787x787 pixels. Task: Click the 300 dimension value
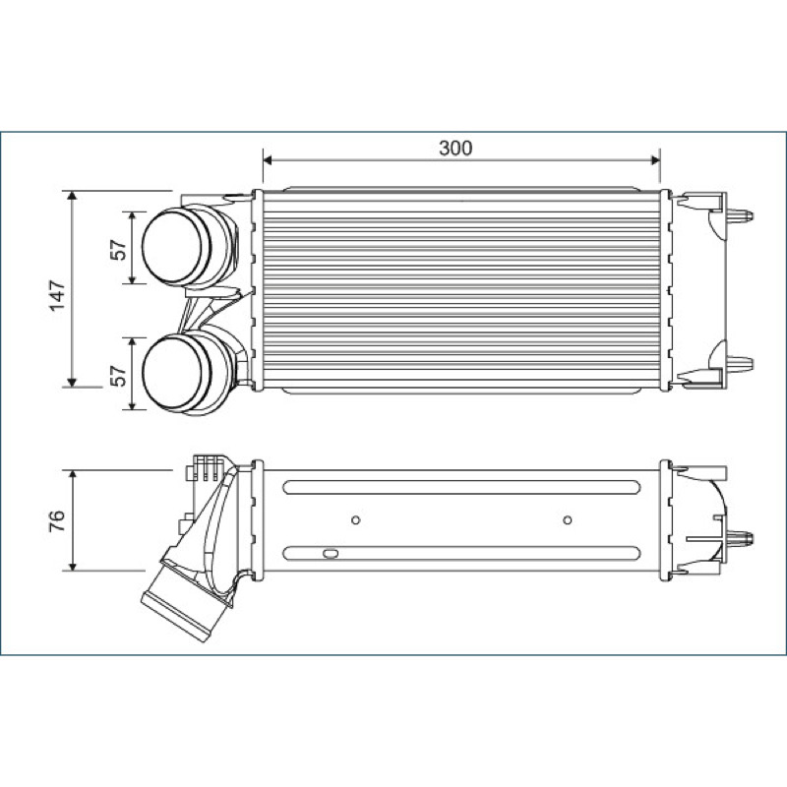455,149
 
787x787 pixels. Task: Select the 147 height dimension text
58,296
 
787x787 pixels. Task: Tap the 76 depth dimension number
57,521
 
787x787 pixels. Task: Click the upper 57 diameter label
118,250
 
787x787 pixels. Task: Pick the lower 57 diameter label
118,376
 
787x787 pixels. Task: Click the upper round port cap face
171,247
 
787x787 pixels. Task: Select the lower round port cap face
171,374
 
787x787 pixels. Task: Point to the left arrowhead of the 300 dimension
268,160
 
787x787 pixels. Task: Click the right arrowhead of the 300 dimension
655,160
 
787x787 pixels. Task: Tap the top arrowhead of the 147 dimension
72,195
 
